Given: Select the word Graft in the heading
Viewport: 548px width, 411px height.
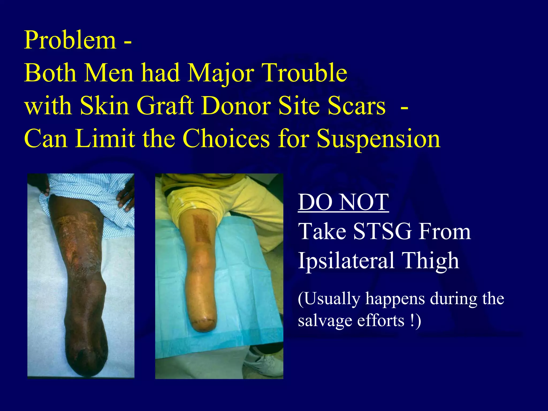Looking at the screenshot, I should tap(165, 106).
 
